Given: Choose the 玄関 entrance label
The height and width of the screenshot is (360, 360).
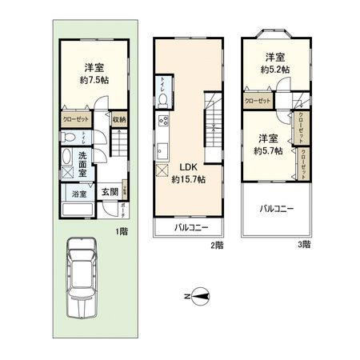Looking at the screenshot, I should (109, 192).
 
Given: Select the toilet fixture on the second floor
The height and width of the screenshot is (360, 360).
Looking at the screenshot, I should (163, 98).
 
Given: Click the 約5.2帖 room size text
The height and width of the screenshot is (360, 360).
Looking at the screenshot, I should (276, 70).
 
